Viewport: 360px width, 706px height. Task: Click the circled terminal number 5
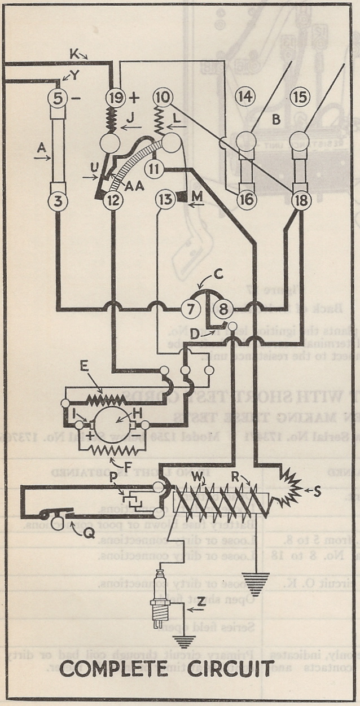pyautogui.click(x=58, y=97)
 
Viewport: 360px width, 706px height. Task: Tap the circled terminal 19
pyautogui.click(x=115, y=97)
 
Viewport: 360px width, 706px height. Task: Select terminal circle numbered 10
pyautogui.click(x=161, y=97)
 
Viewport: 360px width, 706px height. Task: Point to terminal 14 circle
pyautogui.click(x=245, y=97)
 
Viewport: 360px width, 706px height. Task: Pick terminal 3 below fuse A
pyautogui.click(x=58, y=199)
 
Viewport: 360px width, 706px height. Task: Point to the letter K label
pyautogui.click(x=74, y=54)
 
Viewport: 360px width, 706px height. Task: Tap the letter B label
pyautogui.click(x=276, y=120)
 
